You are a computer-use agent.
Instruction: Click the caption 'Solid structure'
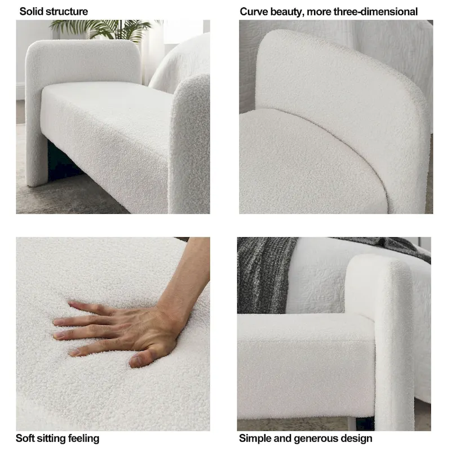pyautogui.click(x=54, y=11)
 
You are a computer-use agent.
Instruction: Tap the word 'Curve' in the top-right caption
pyautogui.click(x=253, y=11)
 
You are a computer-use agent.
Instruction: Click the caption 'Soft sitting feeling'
pyautogui.click(x=57, y=438)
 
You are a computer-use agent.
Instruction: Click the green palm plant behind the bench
pyautogui.click(x=107, y=28)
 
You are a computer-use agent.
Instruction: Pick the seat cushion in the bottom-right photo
pyautogui.click(x=304, y=361)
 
